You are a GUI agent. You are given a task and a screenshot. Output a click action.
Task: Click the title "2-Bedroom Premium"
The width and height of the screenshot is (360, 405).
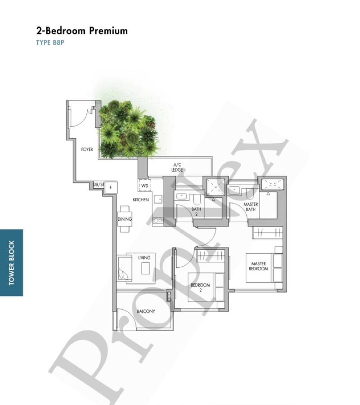(82, 31)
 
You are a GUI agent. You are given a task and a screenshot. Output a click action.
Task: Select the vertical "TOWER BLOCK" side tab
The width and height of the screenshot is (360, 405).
(11, 263)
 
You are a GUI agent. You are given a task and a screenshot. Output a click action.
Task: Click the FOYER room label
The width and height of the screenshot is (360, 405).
(87, 149)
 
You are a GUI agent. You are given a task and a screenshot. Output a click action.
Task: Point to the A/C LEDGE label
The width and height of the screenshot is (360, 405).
(177, 168)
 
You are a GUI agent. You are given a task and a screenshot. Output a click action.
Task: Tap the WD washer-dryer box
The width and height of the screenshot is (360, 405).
(144, 186)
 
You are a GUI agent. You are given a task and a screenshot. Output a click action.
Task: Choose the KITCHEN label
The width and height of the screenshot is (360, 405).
(140, 199)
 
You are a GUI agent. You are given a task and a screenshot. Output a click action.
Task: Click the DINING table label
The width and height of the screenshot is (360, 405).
(125, 219)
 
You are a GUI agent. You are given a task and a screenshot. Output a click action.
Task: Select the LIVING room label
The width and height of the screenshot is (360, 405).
(144, 258)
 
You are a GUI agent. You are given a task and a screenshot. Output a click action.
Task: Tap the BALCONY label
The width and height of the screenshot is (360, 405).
(146, 311)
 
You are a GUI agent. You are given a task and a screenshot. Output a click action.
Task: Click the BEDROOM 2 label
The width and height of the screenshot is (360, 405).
(200, 287)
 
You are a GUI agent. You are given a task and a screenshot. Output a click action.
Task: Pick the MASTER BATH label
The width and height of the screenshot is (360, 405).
(251, 207)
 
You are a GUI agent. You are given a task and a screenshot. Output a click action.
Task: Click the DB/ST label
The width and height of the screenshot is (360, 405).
(98, 185)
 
